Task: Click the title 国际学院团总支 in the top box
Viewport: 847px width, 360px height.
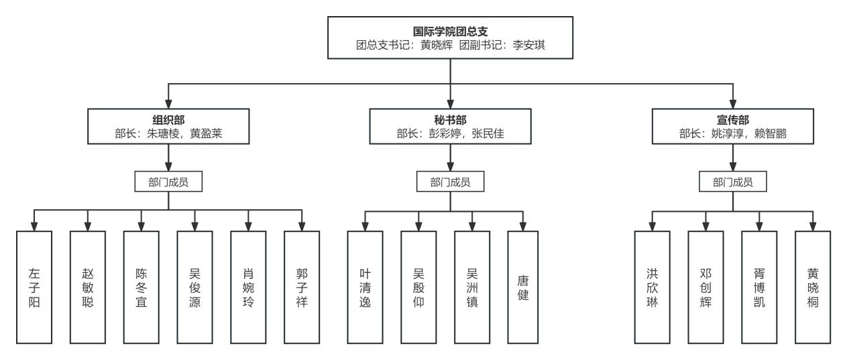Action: (450, 32)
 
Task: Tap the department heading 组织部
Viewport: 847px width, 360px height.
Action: (168, 119)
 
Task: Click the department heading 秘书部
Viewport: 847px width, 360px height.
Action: (450, 119)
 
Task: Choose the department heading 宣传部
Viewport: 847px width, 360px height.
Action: (732, 119)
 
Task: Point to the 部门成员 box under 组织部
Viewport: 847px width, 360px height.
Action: (168, 182)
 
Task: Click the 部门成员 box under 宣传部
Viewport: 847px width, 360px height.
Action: (732, 182)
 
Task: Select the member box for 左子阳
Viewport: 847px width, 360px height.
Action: (34, 287)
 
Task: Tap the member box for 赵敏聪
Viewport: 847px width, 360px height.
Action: (88, 287)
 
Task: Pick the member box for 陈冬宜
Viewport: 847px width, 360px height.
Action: (141, 287)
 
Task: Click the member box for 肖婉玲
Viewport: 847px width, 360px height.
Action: (248, 287)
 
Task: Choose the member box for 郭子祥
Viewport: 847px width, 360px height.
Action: (302, 287)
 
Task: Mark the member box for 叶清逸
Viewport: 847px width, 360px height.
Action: (365, 287)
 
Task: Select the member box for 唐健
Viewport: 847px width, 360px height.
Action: (525, 287)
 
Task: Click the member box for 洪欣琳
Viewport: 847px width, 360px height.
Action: (652, 287)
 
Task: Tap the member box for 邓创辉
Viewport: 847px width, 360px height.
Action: (705, 287)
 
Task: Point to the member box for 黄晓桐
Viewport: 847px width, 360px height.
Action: (813, 287)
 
